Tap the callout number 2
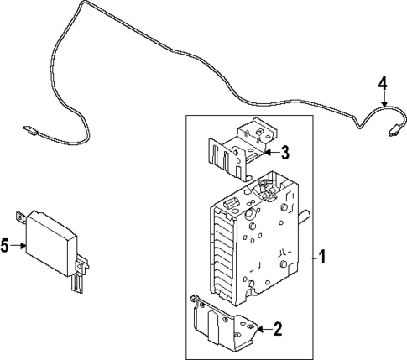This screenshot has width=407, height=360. click(278, 329)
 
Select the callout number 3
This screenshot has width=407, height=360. click(284, 152)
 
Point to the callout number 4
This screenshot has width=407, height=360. click(383, 84)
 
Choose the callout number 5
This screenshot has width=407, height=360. click(6, 246)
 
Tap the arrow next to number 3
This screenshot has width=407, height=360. click(270, 152)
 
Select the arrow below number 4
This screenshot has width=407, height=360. click(383, 100)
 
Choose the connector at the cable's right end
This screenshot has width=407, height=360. click(392, 132)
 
